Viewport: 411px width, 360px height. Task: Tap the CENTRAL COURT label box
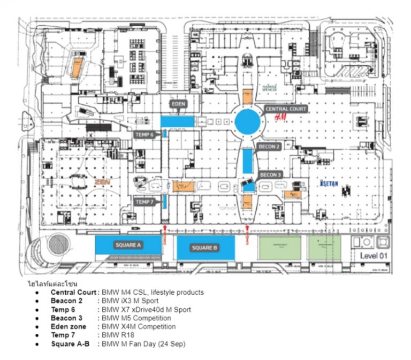[286, 109]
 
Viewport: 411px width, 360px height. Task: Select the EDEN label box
[178, 103]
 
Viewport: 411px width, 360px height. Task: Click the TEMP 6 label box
[144, 135]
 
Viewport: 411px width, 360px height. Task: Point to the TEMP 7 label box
[144, 202]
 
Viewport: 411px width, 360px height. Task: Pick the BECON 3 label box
[270, 175]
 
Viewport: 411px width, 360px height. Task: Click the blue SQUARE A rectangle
[128, 245]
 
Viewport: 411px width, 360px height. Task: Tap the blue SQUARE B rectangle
[205, 248]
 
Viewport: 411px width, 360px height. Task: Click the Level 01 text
[373, 255]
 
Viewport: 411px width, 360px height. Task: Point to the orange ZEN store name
[102, 182]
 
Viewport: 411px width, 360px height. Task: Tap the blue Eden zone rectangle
[177, 121]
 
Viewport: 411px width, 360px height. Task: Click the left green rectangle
[279, 248]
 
